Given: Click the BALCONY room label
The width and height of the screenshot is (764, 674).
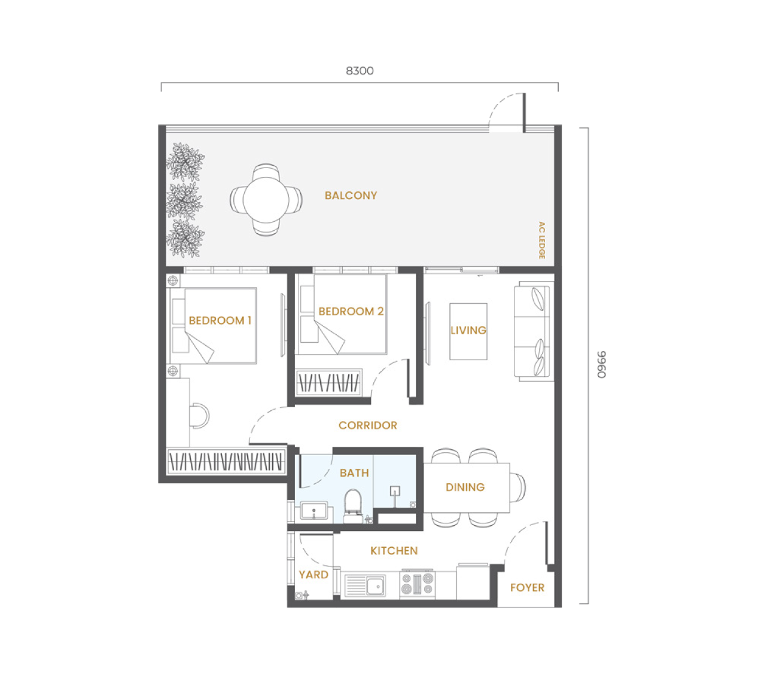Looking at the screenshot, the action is pos(351,196).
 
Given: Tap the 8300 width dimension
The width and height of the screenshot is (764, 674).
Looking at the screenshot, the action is pos(360,71).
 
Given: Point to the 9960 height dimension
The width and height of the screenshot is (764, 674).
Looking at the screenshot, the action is pos(601,364).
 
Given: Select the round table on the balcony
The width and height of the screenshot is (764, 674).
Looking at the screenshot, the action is pos(266,200).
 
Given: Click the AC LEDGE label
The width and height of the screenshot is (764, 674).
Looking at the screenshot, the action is pos(541,240).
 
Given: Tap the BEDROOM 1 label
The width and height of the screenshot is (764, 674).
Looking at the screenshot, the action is pos(220,321).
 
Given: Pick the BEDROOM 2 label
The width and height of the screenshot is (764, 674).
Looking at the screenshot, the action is pos(351,311).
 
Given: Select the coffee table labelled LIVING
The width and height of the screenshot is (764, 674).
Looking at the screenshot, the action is pos(468,331).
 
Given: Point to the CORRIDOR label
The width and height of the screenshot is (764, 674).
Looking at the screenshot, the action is pos(368,425).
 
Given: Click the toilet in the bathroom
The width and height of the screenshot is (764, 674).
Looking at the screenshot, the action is pos(352,505).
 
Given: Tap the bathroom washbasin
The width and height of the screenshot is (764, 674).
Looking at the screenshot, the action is pos(313,511).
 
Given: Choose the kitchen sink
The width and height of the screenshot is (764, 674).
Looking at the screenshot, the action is pos(365,586).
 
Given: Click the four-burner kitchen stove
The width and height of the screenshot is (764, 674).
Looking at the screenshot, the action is pos(417,584).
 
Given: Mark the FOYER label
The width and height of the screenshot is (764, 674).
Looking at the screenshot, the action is pos(527,588).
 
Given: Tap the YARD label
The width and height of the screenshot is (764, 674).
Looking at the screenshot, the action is pos(313,575).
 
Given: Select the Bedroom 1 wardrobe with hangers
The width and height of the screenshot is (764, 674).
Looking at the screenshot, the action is pos(226,461).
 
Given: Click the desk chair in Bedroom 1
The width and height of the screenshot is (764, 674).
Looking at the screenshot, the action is pos(200,416).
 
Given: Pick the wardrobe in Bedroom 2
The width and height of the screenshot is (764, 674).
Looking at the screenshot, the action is pos(329,383).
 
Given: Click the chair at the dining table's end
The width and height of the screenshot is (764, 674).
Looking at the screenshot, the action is pos(518,487).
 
